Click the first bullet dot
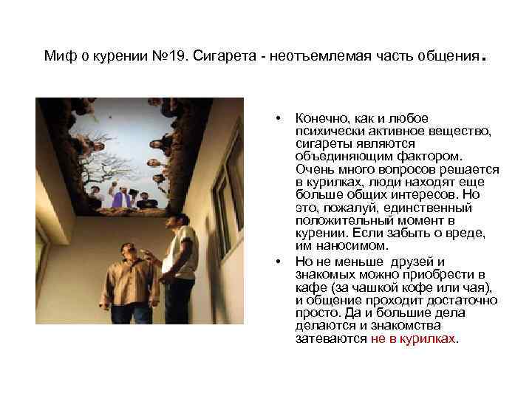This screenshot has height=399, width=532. (x=277, y=119)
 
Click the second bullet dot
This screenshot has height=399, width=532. (x=277, y=262)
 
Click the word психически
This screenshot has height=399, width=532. (x=330, y=131)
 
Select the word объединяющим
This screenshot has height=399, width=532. (x=339, y=157)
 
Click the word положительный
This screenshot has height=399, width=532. (x=338, y=220)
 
